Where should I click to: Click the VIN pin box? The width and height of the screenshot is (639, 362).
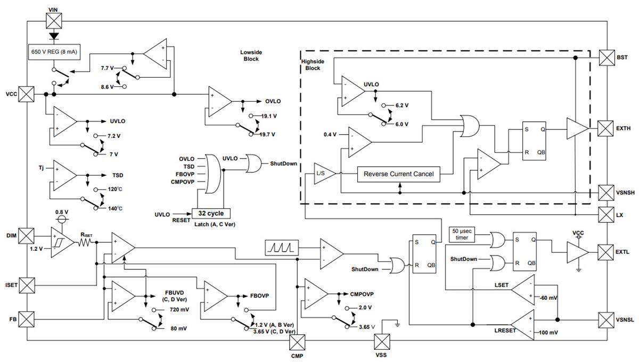coord(54,22)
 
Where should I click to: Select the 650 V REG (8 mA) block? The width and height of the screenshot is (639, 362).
coord(53,52)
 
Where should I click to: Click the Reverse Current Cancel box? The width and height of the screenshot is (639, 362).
coord(398,174)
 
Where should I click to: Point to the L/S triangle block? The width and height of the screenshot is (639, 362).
coord(322,174)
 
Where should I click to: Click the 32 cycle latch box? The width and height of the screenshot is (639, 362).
coord(211,213)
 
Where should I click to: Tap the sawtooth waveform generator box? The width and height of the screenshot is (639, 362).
coord(282,247)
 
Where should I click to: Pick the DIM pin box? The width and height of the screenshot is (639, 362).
coord(26,235)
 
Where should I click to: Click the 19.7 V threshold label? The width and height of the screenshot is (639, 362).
coord(268,135)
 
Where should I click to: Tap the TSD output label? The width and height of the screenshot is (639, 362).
coord(118,175)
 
